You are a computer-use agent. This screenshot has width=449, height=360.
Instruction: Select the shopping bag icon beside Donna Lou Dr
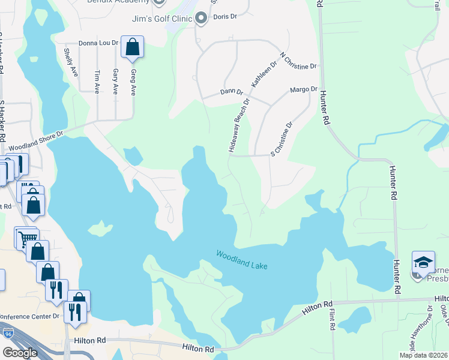pos(132,47)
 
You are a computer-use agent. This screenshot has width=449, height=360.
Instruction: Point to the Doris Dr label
pos(226,17)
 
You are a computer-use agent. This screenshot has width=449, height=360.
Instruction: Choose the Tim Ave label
pos(97,81)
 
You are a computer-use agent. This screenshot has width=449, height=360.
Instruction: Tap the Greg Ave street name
pos(133,81)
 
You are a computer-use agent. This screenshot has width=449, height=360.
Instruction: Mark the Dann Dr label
pos(231,92)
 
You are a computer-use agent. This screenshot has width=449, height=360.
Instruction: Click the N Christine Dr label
pos(298,61)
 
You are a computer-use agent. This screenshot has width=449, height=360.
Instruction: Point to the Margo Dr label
pos(303,89)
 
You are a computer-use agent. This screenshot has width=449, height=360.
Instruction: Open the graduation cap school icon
pos(423,263)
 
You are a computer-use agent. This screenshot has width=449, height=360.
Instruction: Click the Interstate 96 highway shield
pos(8,333)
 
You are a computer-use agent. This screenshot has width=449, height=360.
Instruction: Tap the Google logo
pos(20,353)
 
